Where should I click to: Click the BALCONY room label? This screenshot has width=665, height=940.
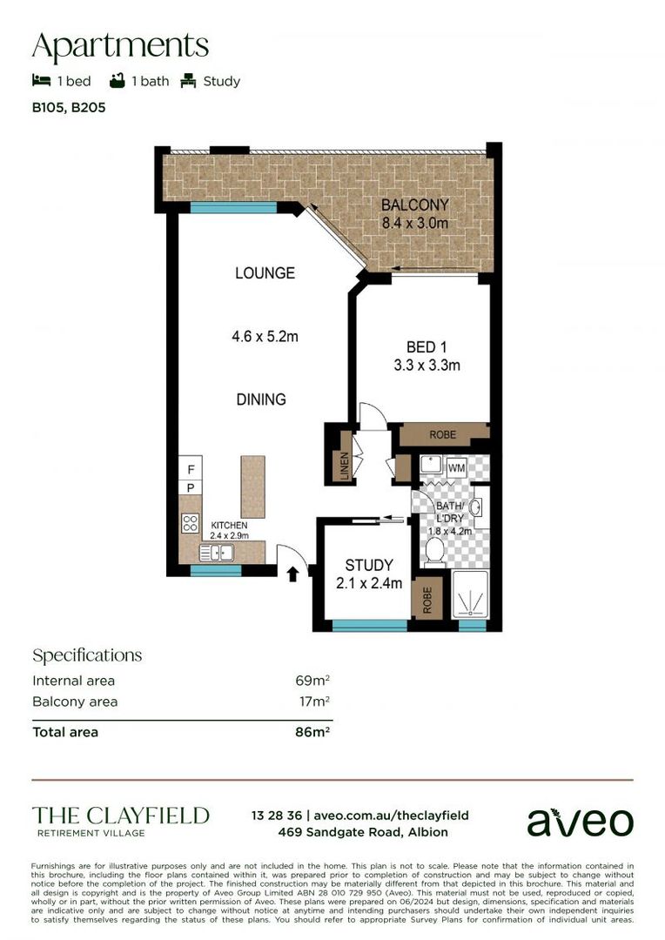pos(415,205)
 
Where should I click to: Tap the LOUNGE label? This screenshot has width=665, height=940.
pos(265,273)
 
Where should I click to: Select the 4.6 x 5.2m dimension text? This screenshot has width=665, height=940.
pos(265,336)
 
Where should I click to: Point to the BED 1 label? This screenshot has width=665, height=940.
pos(427,347)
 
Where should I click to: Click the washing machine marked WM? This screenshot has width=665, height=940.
pos(456,467)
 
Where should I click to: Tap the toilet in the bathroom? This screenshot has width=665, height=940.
pos(434,551)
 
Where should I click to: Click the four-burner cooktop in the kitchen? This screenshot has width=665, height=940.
pos(190,523)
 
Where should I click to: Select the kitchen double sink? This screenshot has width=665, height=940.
pos(217,552)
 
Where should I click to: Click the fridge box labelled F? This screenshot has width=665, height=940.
pos(191,469)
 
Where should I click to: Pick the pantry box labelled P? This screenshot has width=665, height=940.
pos(191,488)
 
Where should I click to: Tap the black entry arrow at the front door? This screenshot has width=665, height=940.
pos(293,574)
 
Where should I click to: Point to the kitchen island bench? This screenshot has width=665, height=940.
pos(253,487)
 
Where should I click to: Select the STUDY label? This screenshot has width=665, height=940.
pos(369,566)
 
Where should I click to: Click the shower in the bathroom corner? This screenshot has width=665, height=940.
pos(471,594)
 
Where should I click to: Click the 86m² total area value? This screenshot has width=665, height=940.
pos(312,732)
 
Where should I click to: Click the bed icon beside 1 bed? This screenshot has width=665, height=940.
pos(42,80)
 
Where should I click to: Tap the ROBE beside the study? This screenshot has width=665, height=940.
pos(427,600)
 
